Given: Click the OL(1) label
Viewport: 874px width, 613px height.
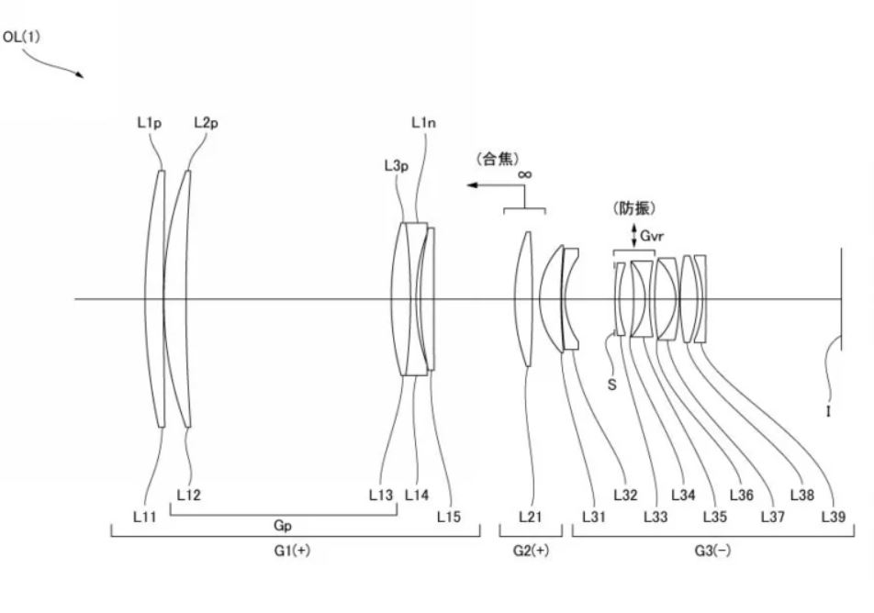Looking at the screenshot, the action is (x=21, y=38).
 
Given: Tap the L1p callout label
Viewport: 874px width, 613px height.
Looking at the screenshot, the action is (x=150, y=123).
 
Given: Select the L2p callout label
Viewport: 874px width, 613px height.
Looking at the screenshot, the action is (x=206, y=123).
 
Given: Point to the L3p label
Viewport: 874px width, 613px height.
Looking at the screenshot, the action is (x=397, y=165).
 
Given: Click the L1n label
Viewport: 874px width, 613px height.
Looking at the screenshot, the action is (x=423, y=123).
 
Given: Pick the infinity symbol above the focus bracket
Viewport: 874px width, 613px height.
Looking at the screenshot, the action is (x=524, y=174).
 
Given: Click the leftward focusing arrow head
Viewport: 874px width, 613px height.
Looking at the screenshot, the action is (x=472, y=185).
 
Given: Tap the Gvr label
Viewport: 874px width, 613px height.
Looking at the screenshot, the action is (x=652, y=236).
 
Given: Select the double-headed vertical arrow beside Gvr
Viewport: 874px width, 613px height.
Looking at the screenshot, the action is (x=633, y=236).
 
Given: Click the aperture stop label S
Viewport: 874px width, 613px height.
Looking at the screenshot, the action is (x=612, y=385).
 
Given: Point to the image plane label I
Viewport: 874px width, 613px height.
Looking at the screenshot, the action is (x=828, y=412).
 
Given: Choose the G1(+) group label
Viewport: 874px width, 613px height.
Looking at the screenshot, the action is (x=292, y=551).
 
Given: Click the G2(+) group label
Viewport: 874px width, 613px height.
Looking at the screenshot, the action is (x=531, y=551).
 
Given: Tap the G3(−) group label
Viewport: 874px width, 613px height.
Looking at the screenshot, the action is (x=712, y=551).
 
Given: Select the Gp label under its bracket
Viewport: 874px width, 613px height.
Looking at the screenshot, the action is (x=283, y=526).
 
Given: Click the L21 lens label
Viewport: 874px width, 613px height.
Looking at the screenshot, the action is (x=530, y=517).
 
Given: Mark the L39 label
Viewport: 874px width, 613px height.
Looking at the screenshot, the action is (x=834, y=517).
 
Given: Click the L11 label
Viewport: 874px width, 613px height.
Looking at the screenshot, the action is (x=145, y=517).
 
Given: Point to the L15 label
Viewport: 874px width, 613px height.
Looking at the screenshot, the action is (x=449, y=517).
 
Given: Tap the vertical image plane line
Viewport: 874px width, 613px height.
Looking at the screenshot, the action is (x=841, y=299).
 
